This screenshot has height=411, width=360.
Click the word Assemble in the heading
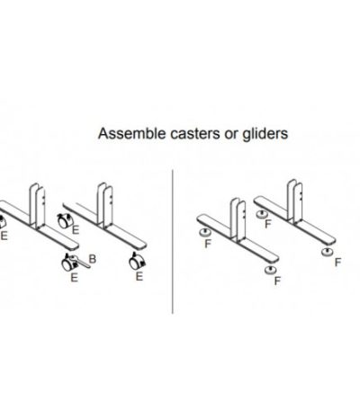coord(132,133)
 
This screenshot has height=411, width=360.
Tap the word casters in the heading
coord(195,134)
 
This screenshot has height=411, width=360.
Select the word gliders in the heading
coord(265,134)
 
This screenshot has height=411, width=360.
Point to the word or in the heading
coord(231,135)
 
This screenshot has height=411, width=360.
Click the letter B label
coord(93,259)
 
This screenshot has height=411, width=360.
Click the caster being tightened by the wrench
coord(68,263)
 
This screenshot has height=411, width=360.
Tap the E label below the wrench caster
coord(75,278)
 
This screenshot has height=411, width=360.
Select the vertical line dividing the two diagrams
coord(173,242)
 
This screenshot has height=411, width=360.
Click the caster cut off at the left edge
coord(2,222)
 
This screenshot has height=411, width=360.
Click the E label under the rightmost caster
coord(139,276)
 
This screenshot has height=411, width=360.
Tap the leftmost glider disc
coord(205,232)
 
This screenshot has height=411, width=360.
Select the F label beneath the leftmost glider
coord(208,244)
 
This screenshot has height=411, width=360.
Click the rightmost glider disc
coord(327,252)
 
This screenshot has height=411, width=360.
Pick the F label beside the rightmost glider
coord(338,263)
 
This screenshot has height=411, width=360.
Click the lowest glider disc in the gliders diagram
coord(271,270)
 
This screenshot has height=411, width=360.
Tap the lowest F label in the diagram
coord(277,281)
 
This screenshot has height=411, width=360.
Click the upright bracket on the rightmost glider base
coord(294,201)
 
